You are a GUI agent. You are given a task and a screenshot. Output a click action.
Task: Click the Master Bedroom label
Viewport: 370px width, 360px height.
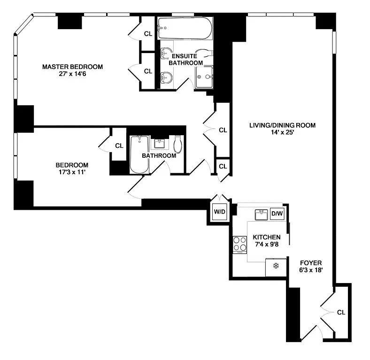coord(72,67)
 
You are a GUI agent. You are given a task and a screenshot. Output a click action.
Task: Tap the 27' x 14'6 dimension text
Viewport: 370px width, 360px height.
coord(72,74)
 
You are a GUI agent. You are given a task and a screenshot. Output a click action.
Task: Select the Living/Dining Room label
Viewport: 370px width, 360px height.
coord(283,125)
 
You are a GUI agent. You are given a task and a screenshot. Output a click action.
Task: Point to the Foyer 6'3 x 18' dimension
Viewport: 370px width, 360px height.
coord(311,270)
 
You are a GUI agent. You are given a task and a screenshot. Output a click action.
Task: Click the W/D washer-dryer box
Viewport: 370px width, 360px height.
coord(219,212)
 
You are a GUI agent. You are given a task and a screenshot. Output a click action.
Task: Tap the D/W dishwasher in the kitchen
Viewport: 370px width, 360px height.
coord(277,214)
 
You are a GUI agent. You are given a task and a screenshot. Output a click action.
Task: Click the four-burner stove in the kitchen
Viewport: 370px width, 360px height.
coord(240,245)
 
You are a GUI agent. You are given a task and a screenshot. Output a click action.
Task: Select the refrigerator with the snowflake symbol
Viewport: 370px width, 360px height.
coord(276,267)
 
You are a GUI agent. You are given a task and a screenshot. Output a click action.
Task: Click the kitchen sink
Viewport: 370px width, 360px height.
coord(261,214)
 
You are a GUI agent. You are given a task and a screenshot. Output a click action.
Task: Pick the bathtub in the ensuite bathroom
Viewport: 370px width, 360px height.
coord(185,28)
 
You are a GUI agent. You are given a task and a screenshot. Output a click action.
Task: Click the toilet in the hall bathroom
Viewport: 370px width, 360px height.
coord(178,144)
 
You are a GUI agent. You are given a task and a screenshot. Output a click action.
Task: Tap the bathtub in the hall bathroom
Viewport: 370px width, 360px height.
coord(139,154)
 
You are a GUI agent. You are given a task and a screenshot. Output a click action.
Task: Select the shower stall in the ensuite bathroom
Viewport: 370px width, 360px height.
coord(204,77)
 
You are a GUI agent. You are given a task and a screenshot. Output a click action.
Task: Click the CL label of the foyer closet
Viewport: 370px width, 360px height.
coord(341,312)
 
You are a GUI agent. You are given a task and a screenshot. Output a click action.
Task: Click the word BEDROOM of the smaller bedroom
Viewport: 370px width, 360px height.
coord(72,165)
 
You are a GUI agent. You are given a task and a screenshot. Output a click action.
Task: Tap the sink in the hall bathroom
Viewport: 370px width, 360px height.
coord(160,144)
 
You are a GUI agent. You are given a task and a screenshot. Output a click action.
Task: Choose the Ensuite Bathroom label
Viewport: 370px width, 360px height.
coord(186,60)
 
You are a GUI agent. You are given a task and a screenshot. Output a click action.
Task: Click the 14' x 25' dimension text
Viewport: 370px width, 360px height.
coord(283,132)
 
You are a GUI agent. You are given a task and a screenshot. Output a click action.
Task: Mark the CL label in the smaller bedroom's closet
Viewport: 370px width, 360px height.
coord(119,146)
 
